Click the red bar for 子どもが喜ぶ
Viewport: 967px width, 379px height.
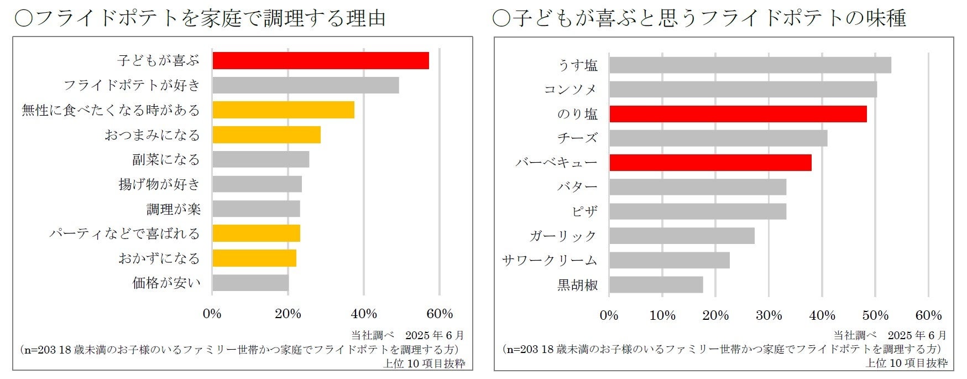tap(321, 60)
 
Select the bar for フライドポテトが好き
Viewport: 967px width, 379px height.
tap(305, 85)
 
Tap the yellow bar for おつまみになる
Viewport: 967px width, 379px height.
tap(266, 135)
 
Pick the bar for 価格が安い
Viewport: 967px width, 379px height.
tap(250, 283)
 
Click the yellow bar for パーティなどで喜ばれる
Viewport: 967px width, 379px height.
tap(256, 233)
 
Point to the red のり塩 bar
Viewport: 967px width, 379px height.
tap(738, 114)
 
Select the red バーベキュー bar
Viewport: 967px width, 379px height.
tap(710, 163)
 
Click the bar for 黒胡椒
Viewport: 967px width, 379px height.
tap(656, 285)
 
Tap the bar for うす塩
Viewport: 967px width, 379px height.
tap(750, 65)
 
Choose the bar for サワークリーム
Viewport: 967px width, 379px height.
tap(669, 260)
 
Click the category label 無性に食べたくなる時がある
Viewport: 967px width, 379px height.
tap(111, 110)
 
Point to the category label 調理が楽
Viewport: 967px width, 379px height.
tap(173, 209)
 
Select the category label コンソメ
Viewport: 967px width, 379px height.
tap(570, 90)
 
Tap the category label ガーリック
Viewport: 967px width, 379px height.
tap(563, 236)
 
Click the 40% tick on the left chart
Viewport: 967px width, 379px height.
tap(364, 314)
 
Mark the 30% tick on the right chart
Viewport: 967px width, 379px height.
tap(769, 315)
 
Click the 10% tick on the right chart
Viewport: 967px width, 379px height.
tap(662, 315)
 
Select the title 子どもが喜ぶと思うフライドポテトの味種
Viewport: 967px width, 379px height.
tap(699, 19)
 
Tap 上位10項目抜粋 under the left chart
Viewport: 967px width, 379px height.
tap(424, 364)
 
